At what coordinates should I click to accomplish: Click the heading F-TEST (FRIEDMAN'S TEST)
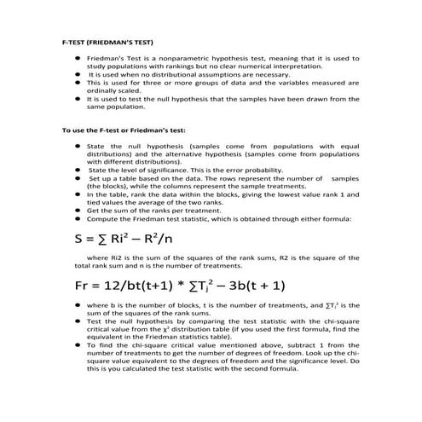108,40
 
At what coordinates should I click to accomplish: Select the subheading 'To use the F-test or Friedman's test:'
124,130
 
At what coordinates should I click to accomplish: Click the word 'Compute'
102,218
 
